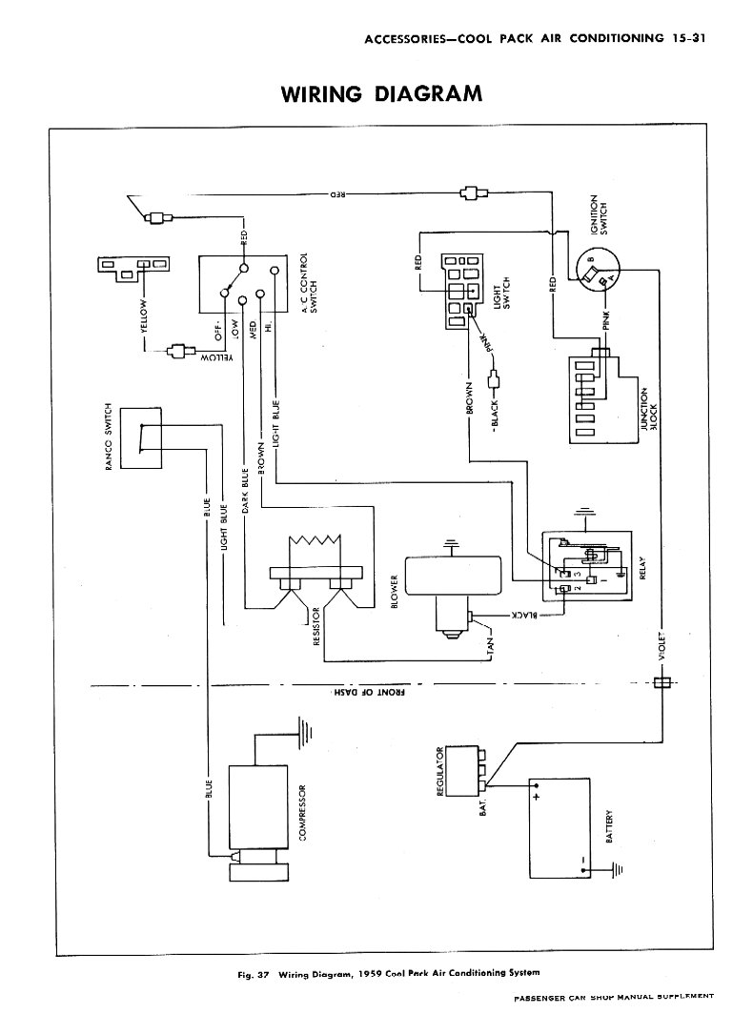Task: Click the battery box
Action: [x=554, y=827]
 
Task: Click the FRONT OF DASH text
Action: [x=371, y=693]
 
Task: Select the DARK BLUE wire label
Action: [x=245, y=489]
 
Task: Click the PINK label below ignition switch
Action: [x=606, y=323]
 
